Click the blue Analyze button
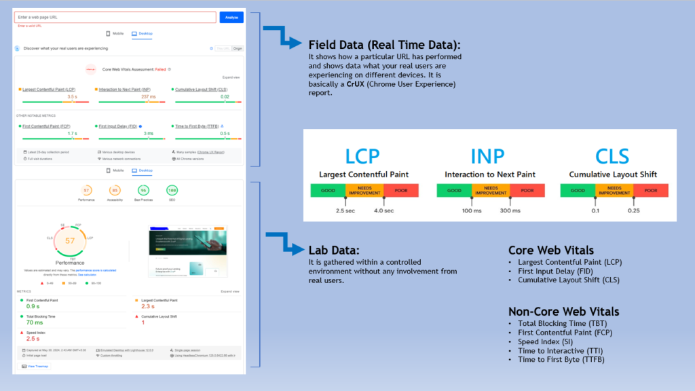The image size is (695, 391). (x=231, y=17)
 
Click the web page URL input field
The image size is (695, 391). (x=115, y=17)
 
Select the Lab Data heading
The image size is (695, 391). (x=337, y=250)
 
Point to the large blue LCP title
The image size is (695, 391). (x=364, y=156)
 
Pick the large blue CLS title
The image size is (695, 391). (x=613, y=156)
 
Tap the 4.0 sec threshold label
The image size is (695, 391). (x=383, y=210)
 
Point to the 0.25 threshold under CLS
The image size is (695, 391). (x=634, y=210)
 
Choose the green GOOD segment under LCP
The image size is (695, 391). (x=328, y=191)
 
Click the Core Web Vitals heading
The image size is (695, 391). (x=551, y=250)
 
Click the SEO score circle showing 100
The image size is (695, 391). (x=172, y=191)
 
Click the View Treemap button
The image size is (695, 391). (x=35, y=366)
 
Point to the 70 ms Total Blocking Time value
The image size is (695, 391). (x=35, y=322)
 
